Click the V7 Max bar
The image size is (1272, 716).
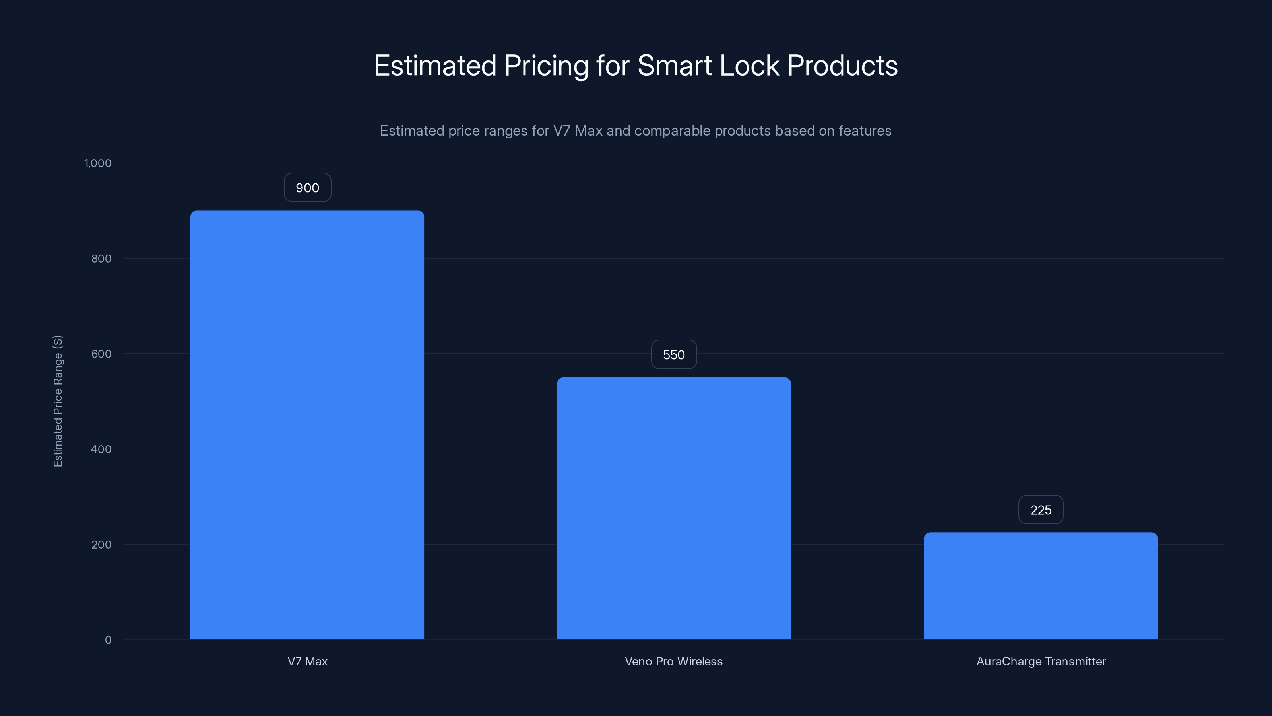pyautogui.click(x=307, y=425)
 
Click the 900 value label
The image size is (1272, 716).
pyautogui.click(x=307, y=188)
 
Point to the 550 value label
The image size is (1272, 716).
pyautogui.click(x=673, y=355)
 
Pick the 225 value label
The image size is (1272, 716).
pyautogui.click(x=1040, y=510)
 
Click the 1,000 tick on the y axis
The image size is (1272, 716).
pyautogui.click(x=98, y=163)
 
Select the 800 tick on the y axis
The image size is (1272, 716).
pyautogui.click(x=101, y=259)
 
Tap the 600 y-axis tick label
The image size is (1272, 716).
pyautogui.click(x=101, y=354)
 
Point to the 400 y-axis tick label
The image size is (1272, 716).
pyautogui.click(x=101, y=449)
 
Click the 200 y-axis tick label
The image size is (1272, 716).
pyautogui.click(x=101, y=545)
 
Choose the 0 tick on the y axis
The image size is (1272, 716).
pyautogui.click(x=108, y=640)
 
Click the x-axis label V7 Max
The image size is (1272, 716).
pyautogui.click(x=307, y=661)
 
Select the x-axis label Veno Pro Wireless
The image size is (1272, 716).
pyautogui.click(x=673, y=661)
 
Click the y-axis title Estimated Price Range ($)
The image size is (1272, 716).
pyautogui.click(x=58, y=401)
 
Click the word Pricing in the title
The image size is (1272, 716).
pyautogui.click(x=546, y=66)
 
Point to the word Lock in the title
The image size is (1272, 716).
pyautogui.click(x=749, y=66)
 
